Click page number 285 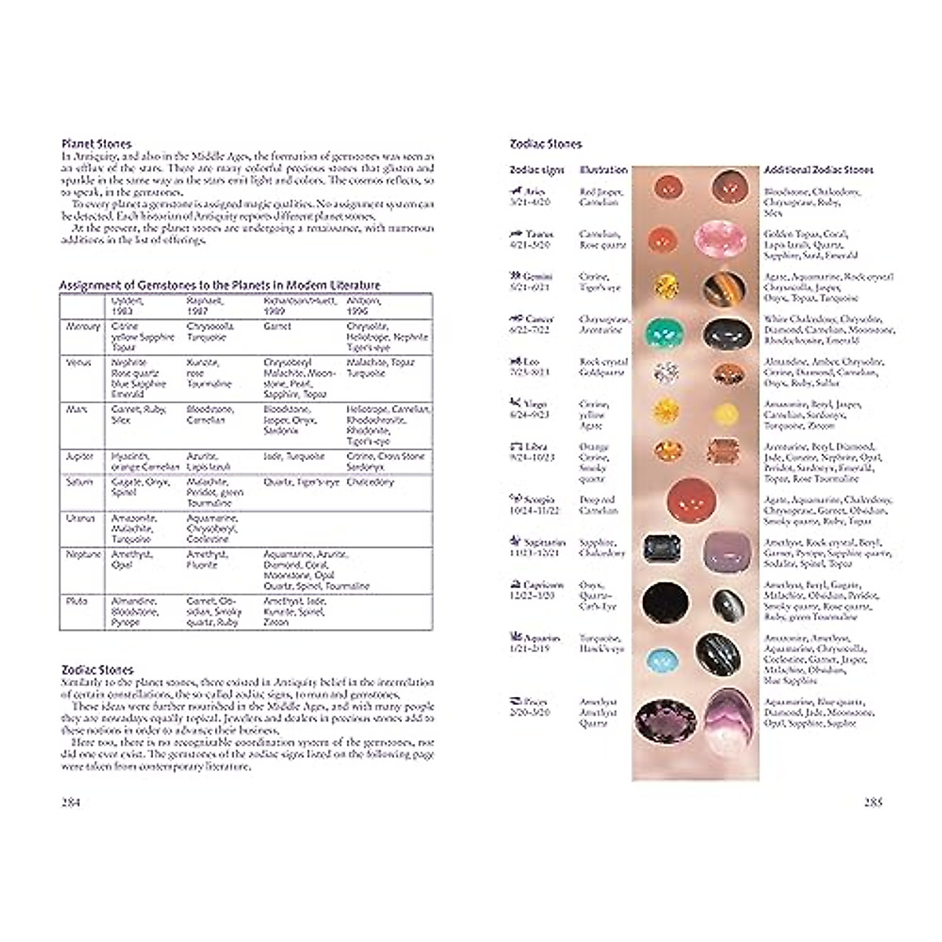pos(873,801)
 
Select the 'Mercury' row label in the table pos(82,327)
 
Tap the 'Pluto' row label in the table pos(78,601)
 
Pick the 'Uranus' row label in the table pos(81,519)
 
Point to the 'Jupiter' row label pos(81,456)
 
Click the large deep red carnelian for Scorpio pos(692,500)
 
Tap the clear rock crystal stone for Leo pos(666,372)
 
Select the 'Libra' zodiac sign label pos(535,447)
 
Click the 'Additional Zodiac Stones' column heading pos(818,170)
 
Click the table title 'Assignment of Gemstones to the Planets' pos(220,285)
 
